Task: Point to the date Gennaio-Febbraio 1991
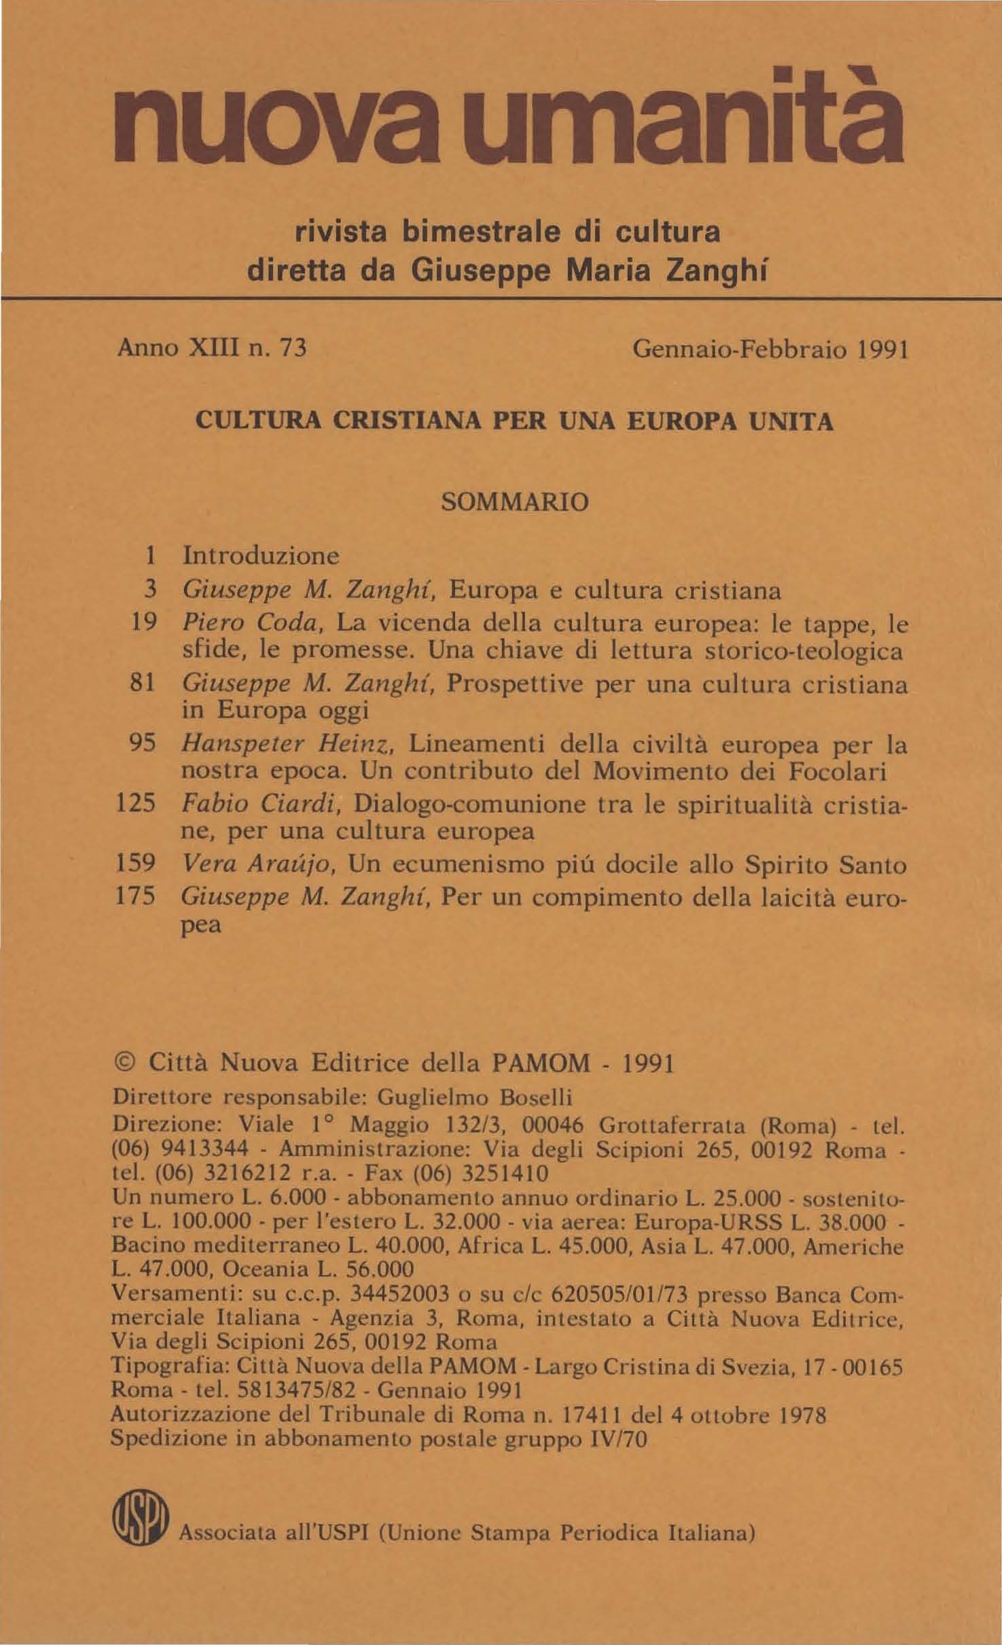(770, 351)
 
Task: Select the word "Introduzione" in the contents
(261, 555)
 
